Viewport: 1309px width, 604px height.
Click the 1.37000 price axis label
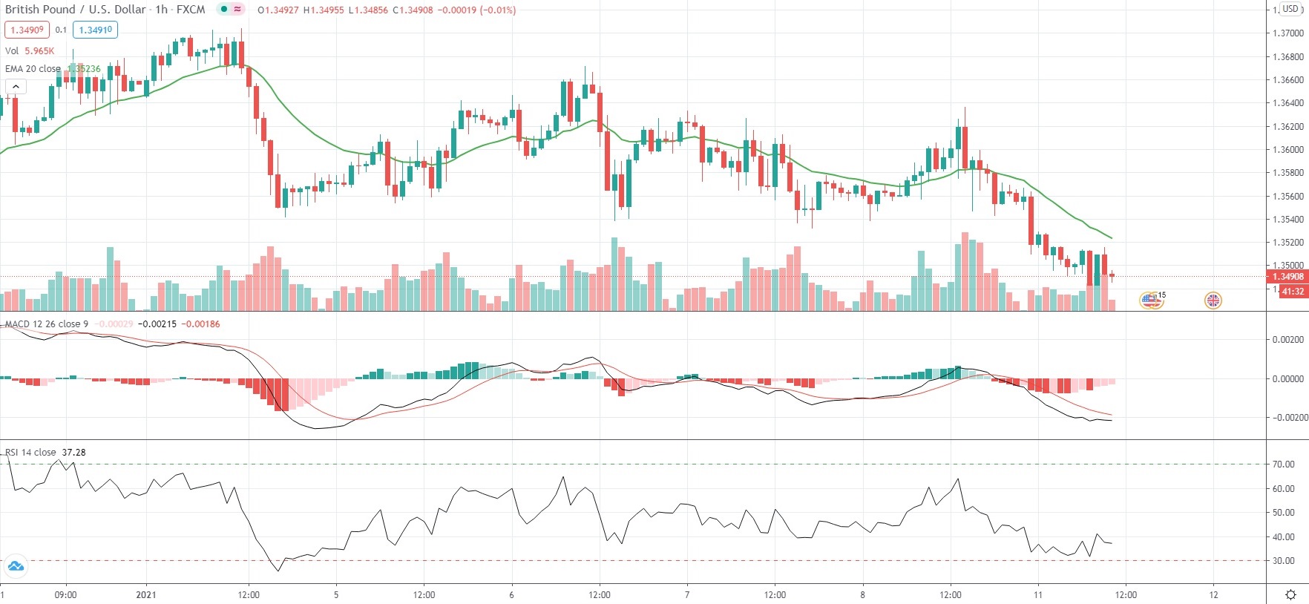pyautogui.click(x=1287, y=33)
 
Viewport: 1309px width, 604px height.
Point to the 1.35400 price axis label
pyautogui.click(x=1287, y=220)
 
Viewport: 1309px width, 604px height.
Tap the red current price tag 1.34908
pyautogui.click(x=1287, y=277)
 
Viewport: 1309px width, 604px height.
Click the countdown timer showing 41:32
pyautogui.click(x=1292, y=292)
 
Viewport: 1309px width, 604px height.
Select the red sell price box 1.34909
pyautogui.click(x=27, y=30)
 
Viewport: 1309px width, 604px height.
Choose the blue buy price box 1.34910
pyautogui.click(x=96, y=30)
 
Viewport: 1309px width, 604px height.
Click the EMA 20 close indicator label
pyautogui.click(x=33, y=69)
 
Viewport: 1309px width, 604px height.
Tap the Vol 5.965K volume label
pyautogui.click(x=30, y=51)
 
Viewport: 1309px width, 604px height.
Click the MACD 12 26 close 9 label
pyautogui.click(x=47, y=324)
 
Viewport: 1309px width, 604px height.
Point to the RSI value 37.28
pyautogui.click(x=73, y=453)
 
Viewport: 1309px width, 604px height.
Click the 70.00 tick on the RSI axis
pyautogui.click(x=1283, y=465)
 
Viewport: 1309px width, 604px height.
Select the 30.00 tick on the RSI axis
pyautogui.click(x=1283, y=561)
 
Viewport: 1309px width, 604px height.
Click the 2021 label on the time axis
pyautogui.click(x=146, y=595)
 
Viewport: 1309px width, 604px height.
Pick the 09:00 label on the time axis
pyautogui.click(x=65, y=595)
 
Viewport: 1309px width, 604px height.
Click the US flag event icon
pyautogui.click(x=1151, y=301)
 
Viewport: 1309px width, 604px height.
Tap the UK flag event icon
pyautogui.click(x=1213, y=301)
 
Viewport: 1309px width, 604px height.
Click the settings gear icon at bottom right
pyautogui.click(x=1290, y=595)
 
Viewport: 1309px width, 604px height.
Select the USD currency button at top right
pyautogui.click(x=1291, y=9)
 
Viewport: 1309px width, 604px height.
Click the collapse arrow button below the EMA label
pyautogui.click(x=16, y=87)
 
